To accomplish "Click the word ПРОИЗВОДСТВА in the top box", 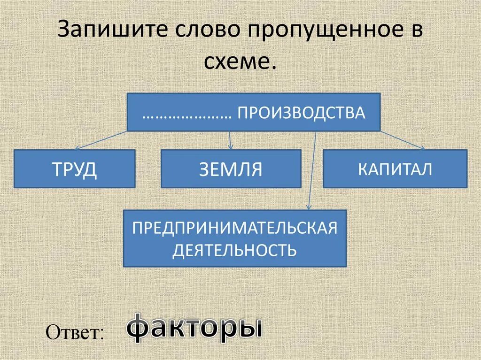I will click(x=301, y=113).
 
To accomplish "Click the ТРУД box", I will click(x=75, y=169).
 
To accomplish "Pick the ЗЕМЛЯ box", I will click(x=231, y=169).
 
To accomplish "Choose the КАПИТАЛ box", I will click(x=395, y=169).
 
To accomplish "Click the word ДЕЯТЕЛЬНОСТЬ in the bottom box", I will click(x=235, y=250).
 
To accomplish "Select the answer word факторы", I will click(x=194, y=327).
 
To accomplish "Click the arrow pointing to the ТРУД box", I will click(x=99, y=140).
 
